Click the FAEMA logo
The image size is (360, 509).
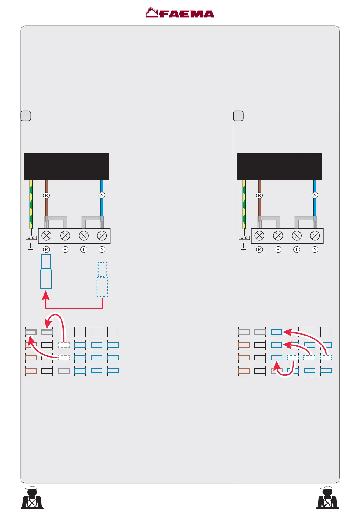click(180, 13)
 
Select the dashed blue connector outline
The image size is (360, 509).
click(102, 280)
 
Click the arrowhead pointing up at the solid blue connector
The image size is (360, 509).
click(46, 294)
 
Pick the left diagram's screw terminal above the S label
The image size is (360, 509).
click(65, 235)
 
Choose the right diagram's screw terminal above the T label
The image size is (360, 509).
click(296, 235)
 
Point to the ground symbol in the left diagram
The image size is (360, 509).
click(31, 248)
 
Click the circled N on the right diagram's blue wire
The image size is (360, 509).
click(315, 195)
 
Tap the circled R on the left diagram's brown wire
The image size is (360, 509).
click(46, 195)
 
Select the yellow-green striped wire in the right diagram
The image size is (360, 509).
click(244, 204)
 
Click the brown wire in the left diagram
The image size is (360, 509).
click(46, 209)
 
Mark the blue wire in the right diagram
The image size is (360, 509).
click(315, 209)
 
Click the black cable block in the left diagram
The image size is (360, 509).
click(66, 167)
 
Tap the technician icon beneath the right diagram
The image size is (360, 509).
click(327, 498)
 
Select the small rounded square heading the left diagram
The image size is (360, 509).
click(26, 116)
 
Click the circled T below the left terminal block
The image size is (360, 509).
click(84, 250)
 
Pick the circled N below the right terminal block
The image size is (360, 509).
click(315, 250)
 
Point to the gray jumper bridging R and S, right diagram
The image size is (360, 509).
click(269, 218)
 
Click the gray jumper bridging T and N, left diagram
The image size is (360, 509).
click(92, 218)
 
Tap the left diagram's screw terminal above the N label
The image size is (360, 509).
click(102, 235)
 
